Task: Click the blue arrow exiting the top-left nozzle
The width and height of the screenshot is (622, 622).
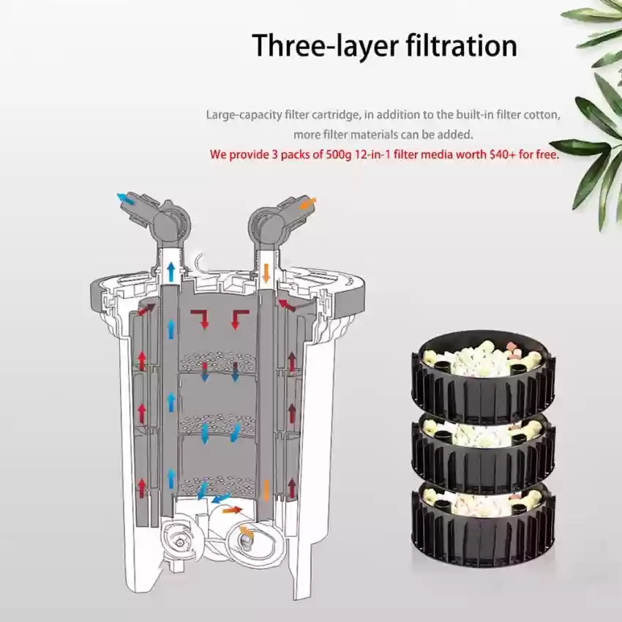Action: [x=126, y=199]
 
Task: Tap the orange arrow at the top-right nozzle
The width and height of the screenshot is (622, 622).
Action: [x=307, y=204]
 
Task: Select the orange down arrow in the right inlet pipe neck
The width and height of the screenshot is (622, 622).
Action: [x=266, y=273]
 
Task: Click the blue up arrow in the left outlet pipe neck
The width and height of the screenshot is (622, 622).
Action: [x=171, y=271]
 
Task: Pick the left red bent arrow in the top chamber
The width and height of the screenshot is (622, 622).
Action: [x=200, y=319]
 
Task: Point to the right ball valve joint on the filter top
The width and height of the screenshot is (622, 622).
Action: [x=266, y=226]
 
